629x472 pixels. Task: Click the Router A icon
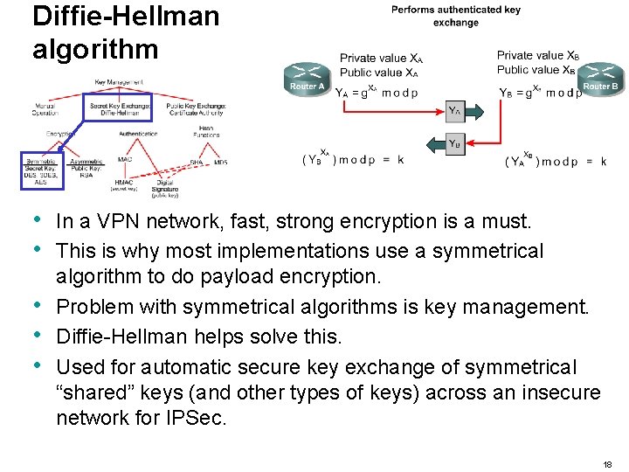point(308,77)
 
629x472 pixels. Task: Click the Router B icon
point(601,77)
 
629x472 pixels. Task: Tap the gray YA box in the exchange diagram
point(455,111)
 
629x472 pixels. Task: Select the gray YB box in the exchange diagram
point(455,143)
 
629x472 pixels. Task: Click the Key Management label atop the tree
point(120,83)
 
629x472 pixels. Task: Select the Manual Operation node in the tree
point(45,109)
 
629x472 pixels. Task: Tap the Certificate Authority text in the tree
point(197,113)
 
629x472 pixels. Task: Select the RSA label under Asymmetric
point(86,175)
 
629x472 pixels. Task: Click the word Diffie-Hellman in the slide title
point(126,16)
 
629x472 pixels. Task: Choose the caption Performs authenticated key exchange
point(455,16)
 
